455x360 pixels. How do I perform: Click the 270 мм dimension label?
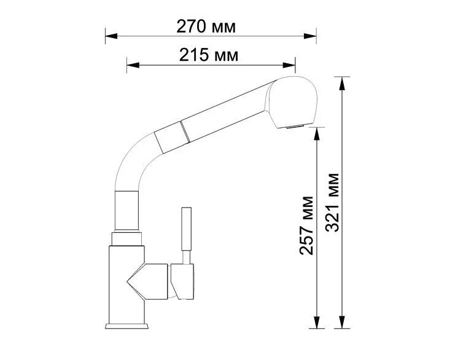[x=206, y=27]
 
